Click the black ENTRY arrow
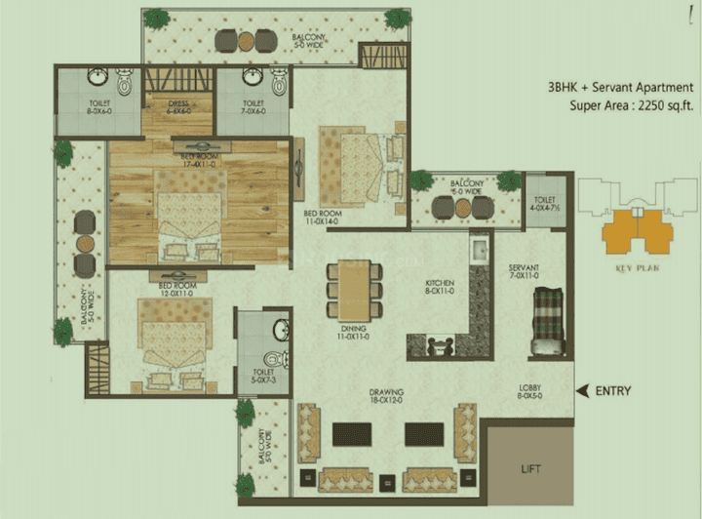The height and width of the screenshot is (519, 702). tap(583, 391)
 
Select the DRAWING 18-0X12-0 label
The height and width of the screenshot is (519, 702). tap(387, 396)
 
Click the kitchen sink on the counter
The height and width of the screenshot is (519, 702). tap(479, 253)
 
